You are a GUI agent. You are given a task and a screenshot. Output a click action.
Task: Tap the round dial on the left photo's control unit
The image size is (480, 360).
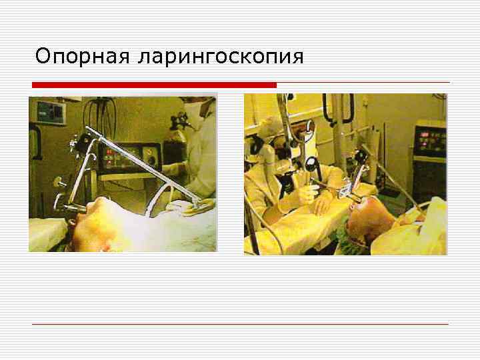click(151, 160)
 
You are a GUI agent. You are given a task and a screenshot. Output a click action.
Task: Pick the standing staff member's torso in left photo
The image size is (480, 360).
click(200, 153)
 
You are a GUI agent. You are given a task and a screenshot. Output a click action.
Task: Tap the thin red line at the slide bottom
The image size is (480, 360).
click(240, 324)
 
